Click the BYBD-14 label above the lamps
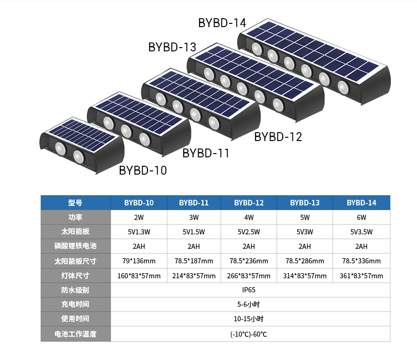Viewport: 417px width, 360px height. [x=222, y=23]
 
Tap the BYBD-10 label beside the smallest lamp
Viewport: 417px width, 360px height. [x=143, y=170]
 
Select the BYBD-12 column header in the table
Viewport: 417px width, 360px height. [x=249, y=203]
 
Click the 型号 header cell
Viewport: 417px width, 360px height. [x=75, y=203]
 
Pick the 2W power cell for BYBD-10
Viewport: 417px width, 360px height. [x=139, y=218]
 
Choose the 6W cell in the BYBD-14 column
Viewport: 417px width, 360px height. [x=361, y=218]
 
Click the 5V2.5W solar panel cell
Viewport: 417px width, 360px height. [x=249, y=232]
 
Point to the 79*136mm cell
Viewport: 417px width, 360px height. [x=139, y=261]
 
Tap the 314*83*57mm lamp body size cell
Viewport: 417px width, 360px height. [x=305, y=276]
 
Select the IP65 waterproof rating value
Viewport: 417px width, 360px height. [x=249, y=290]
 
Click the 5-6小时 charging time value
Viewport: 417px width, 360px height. [x=249, y=304]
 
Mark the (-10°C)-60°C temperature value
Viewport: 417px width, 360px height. [x=249, y=334]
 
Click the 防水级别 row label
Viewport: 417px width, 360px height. [x=75, y=290]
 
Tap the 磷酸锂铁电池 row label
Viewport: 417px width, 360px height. [x=75, y=246]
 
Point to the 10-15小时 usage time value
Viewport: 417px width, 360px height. [x=249, y=319]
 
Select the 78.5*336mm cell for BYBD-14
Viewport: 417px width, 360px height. [x=361, y=261]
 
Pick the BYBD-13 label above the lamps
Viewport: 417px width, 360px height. [x=172, y=47]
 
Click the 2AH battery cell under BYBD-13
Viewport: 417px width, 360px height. [x=305, y=247]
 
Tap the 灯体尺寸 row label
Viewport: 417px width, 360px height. [x=75, y=275]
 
